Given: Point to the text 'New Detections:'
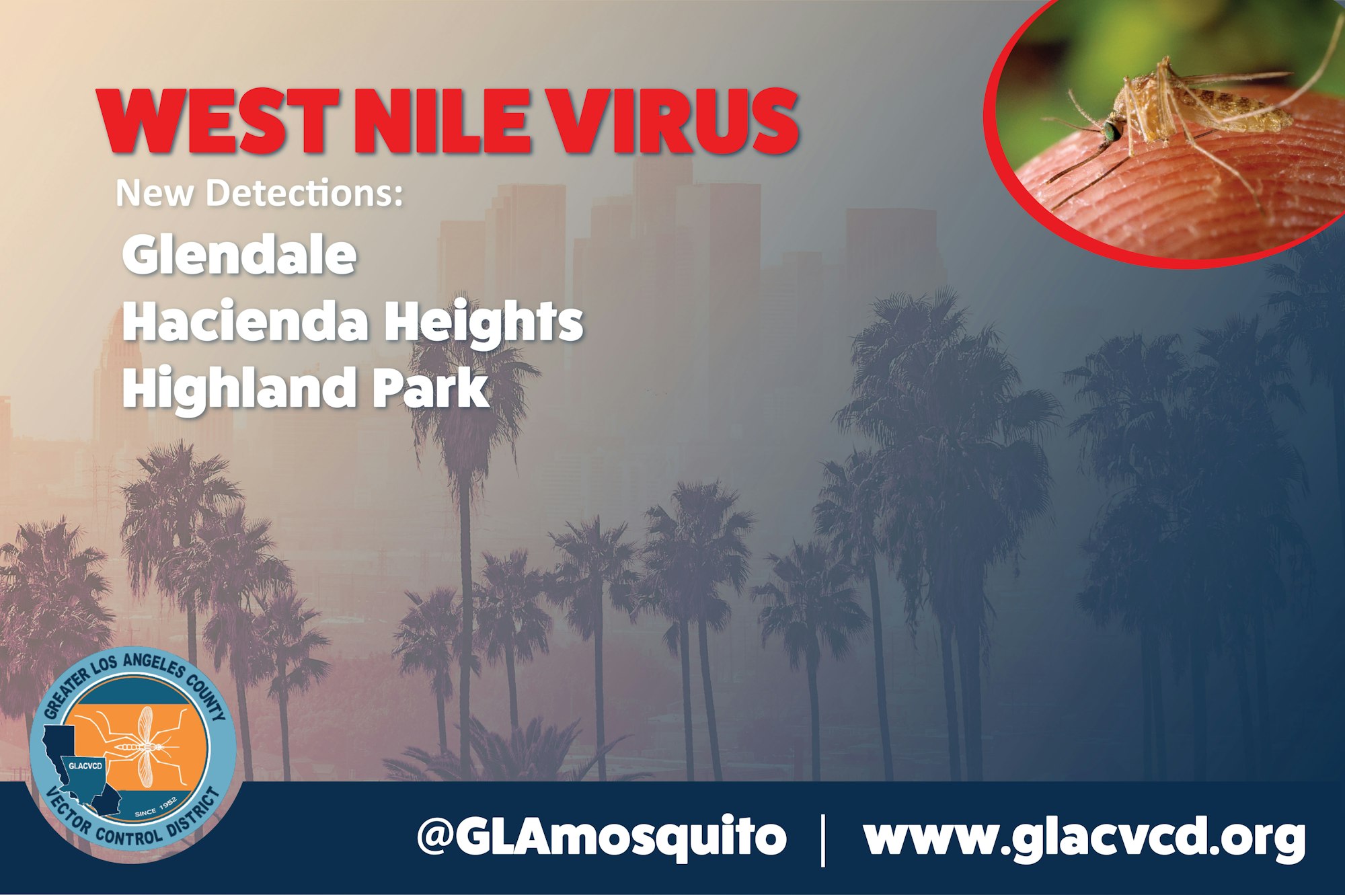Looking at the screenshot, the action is [260, 194].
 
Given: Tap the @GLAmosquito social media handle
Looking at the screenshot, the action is [601, 837].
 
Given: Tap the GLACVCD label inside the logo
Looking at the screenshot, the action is [85, 765].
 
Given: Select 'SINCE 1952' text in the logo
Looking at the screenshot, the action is [156, 807].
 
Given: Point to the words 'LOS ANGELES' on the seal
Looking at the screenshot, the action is [137, 666].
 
